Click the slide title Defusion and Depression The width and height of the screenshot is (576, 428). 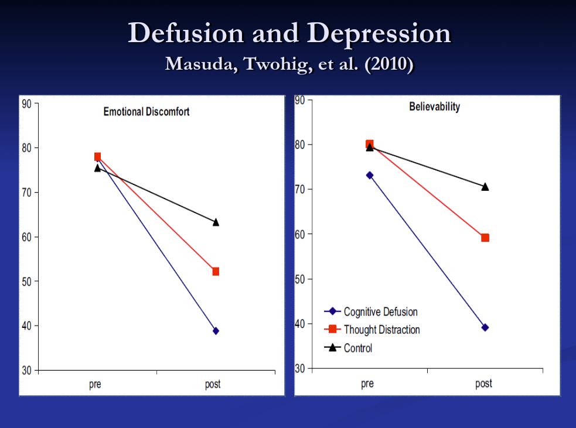[x=289, y=33]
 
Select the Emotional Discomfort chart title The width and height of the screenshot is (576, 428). [x=146, y=112]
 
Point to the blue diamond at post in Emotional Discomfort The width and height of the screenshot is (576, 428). [x=216, y=331]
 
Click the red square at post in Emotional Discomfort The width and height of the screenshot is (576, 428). [x=216, y=272]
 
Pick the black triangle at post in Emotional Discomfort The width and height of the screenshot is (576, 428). [x=216, y=222]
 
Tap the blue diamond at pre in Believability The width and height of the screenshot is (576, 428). [x=370, y=175]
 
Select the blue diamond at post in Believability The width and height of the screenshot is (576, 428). [x=485, y=327]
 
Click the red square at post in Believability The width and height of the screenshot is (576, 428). [x=485, y=238]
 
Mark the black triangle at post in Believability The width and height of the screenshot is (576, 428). [x=485, y=187]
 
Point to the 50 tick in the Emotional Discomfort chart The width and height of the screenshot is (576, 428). [x=27, y=282]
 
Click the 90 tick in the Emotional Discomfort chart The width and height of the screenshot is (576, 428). [x=27, y=104]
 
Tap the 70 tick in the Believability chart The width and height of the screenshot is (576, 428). [x=300, y=190]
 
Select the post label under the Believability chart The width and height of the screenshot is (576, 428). [x=483, y=384]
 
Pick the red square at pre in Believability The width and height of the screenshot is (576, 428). [x=370, y=144]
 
